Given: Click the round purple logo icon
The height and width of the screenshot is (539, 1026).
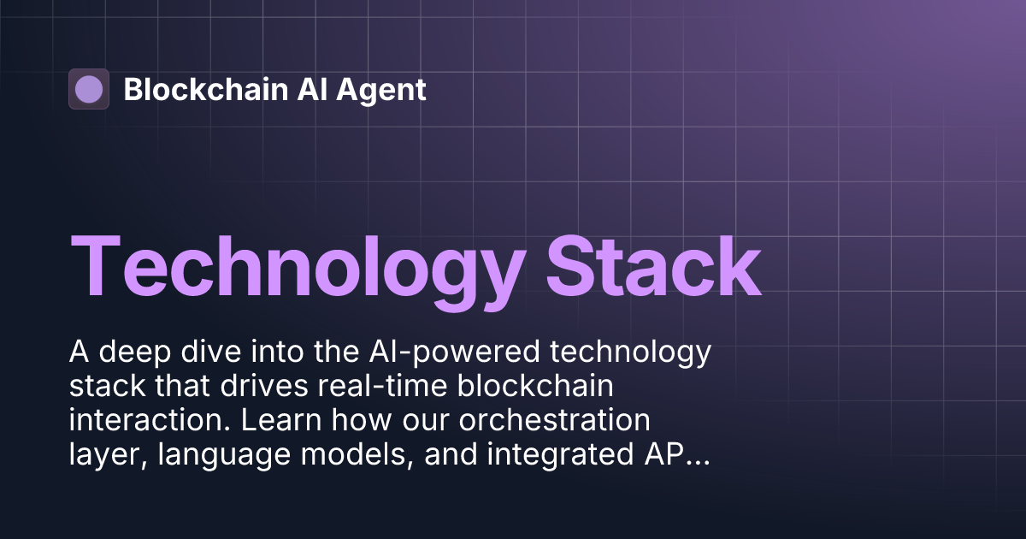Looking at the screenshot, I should [x=89, y=89].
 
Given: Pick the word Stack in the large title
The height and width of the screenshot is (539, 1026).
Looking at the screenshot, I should [x=654, y=263].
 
